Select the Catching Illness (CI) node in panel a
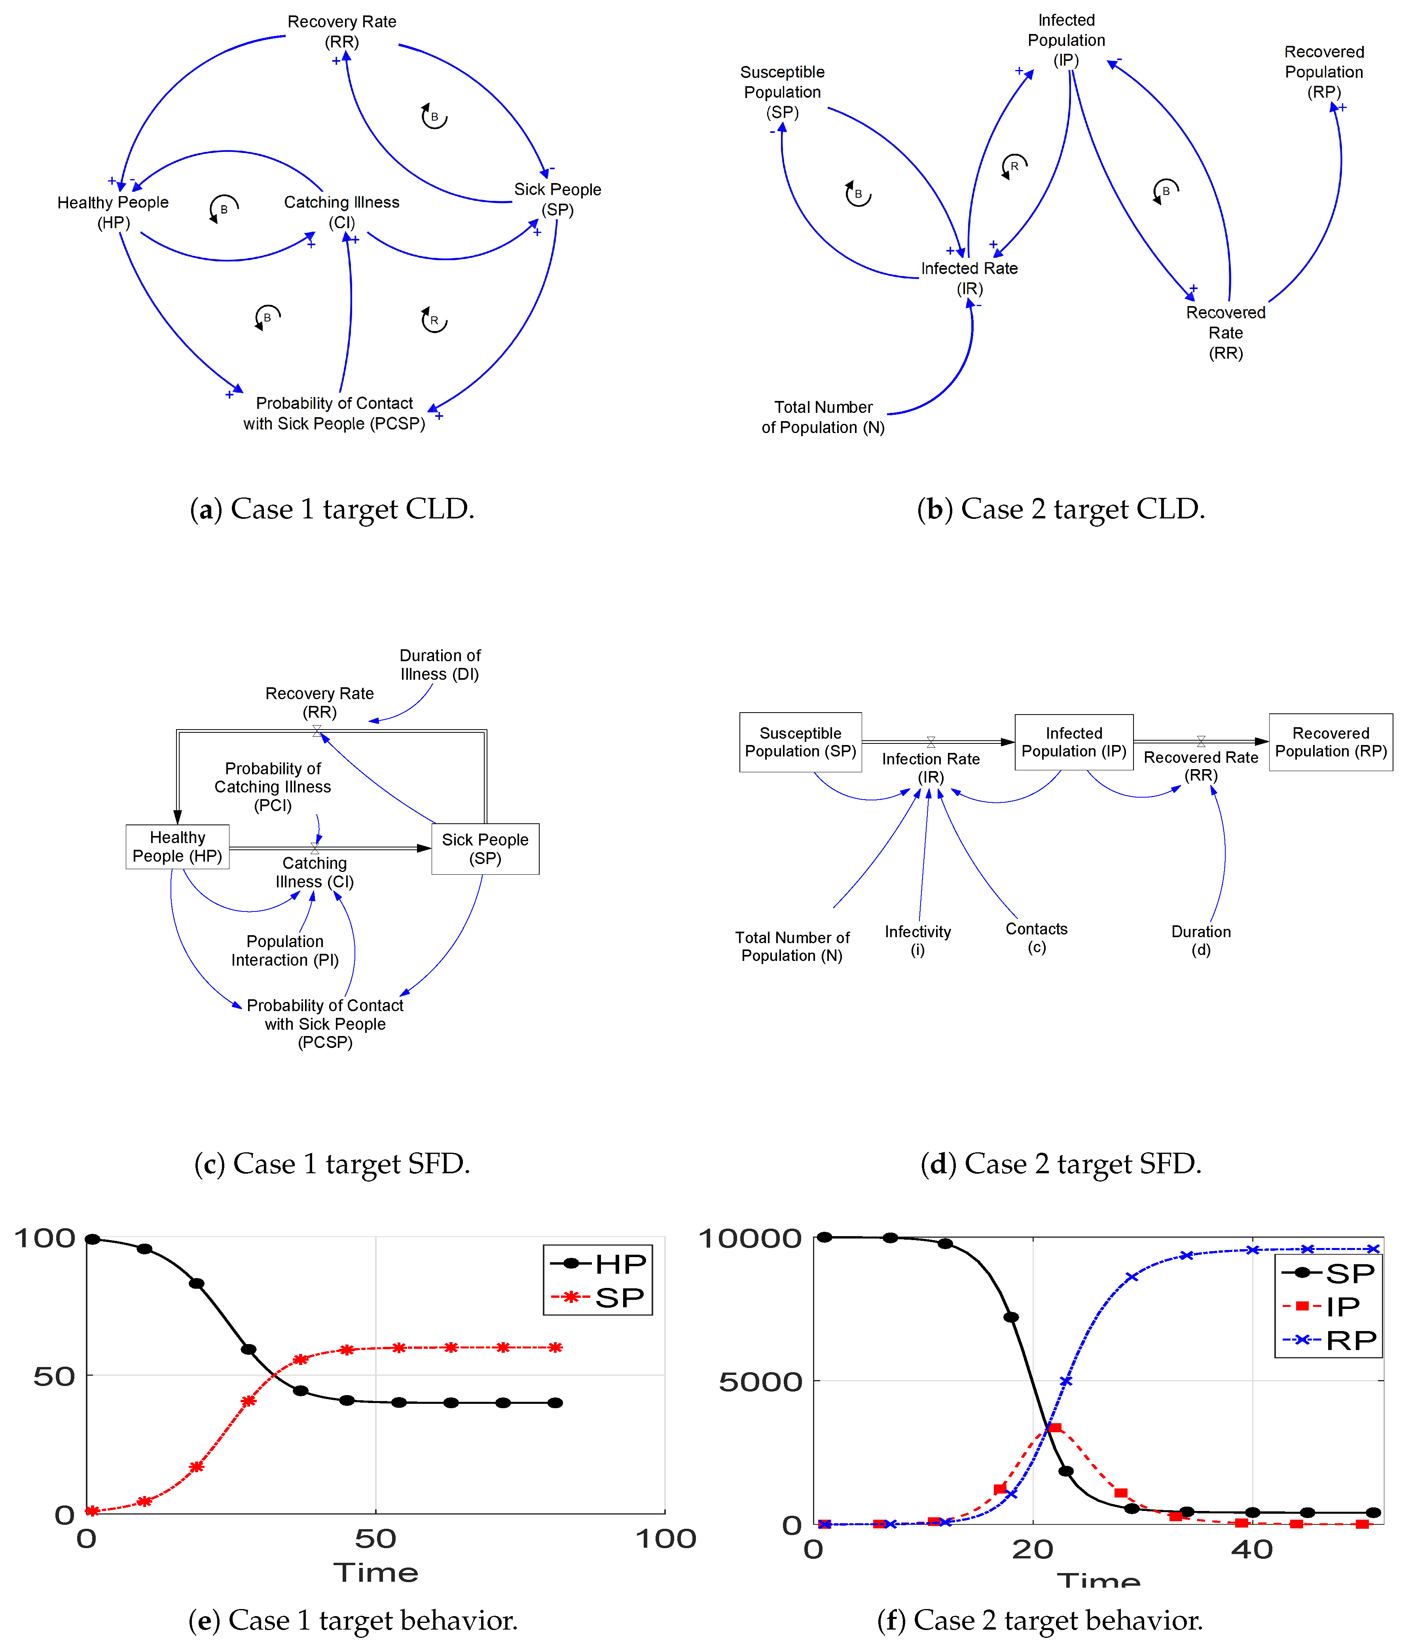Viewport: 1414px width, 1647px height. pyautogui.click(x=342, y=212)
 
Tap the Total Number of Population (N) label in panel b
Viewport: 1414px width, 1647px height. pyautogui.click(x=823, y=417)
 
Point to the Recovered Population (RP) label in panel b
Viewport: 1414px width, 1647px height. pyautogui.click(x=1324, y=72)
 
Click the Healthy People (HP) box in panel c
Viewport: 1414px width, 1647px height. pyautogui.click(x=177, y=847)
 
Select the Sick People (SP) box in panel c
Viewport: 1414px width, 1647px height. pyautogui.click(x=485, y=849)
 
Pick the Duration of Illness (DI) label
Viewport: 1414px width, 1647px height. pyautogui.click(x=440, y=664)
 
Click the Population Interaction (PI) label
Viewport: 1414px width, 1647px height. pyautogui.click(x=285, y=951)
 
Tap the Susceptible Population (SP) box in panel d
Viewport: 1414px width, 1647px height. pyautogui.click(x=800, y=742)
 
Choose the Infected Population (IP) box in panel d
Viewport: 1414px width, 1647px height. pyautogui.click(x=1074, y=742)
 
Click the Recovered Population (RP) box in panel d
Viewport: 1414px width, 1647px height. pyautogui.click(x=1331, y=742)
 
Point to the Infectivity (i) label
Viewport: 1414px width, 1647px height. pyautogui.click(x=918, y=940)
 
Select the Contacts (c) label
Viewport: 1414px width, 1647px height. pyautogui.click(x=1036, y=938)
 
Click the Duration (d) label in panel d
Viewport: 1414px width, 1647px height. pyautogui.click(x=1201, y=940)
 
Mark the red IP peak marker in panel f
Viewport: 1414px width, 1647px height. pyautogui.click(x=1054, y=1428)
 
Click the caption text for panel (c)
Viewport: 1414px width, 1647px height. pyautogui.click(x=332, y=1164)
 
